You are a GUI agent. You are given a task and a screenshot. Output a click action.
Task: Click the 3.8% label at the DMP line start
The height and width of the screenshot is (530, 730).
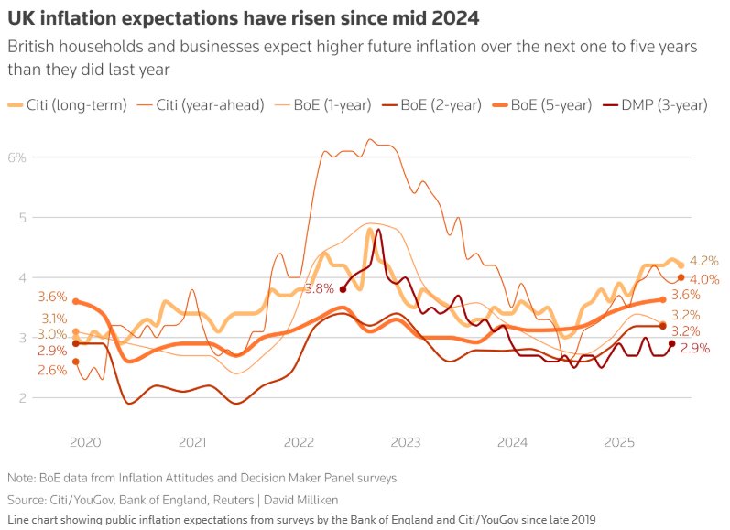point(319,289)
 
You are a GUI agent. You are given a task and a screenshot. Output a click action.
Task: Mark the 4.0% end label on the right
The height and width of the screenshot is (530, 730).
point(703,279)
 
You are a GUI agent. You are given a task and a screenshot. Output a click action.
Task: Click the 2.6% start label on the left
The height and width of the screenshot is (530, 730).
point(52,370)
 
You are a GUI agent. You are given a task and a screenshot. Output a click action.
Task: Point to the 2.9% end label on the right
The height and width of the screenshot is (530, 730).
point(696,349)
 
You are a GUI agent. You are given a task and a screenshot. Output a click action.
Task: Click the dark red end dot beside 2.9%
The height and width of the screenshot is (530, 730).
point(671,343)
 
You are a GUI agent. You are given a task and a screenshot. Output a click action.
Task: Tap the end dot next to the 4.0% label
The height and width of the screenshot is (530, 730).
point(681,277)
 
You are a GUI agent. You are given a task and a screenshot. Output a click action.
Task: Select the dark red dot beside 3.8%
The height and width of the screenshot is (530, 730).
point(343,289)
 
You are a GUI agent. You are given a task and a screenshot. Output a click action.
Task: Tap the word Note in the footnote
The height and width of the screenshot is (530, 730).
point(21,478)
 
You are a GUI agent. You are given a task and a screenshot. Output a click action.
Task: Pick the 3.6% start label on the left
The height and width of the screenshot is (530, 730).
point(52,297)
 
